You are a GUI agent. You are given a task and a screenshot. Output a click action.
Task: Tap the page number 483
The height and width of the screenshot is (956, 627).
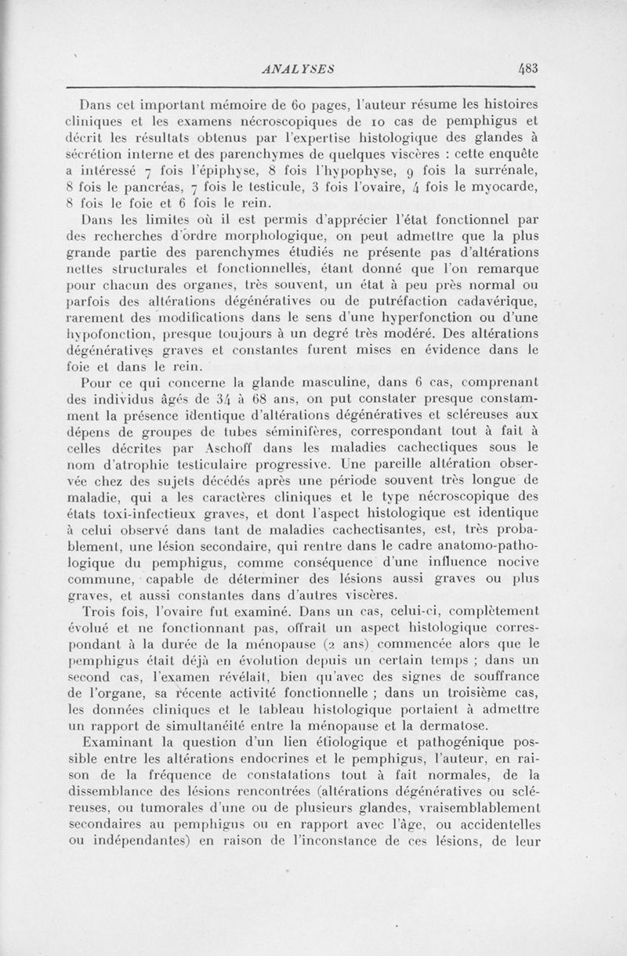coord(533,68)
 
